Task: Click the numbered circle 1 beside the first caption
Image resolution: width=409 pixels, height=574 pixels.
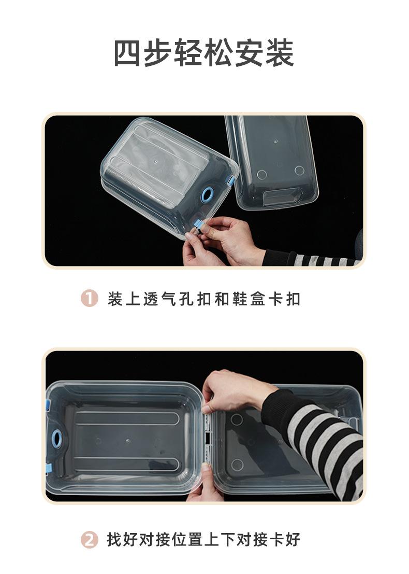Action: point(90,299)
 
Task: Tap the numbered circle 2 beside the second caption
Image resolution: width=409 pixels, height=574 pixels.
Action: point(90,540)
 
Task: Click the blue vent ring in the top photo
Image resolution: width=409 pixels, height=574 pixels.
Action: point(208,195)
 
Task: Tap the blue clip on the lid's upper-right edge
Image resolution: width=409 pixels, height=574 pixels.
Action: point(231,180)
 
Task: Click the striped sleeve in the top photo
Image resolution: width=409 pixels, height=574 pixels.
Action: point(311,258)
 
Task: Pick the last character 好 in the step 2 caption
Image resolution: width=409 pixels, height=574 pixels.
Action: point(293,540)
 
